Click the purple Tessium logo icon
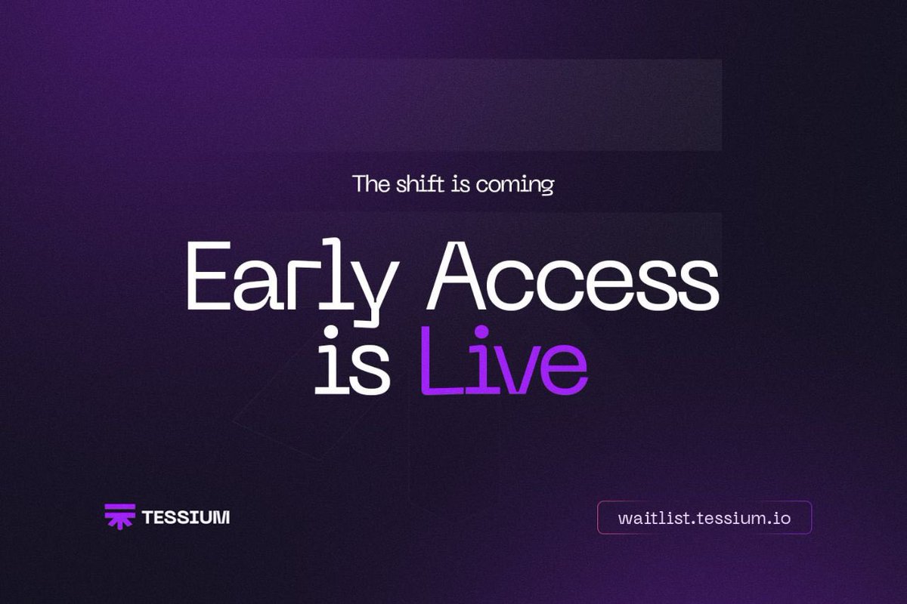[x=119, y=516]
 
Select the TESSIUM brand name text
[x=186, y=518]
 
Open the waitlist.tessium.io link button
[x=704, y=518]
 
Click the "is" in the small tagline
[x=461, y=184]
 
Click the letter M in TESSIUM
[x=221, y=518]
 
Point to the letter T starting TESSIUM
[x=147, y=518]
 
